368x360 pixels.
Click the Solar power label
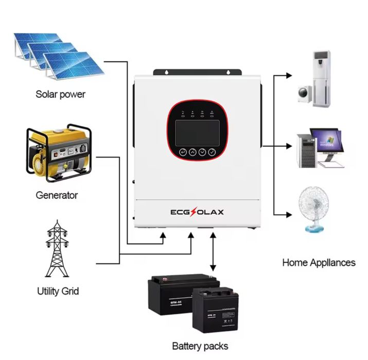(x=60, y=94)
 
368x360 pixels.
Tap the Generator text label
(x=57, y=195)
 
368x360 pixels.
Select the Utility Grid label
(x=58, y=291)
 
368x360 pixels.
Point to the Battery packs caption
(x=200, y=346)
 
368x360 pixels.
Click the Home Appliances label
(x=319, y=262)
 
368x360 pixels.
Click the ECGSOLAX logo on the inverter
(x=197, y=212)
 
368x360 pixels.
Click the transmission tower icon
(x=58, y=249)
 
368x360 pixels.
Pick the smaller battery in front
(x=216, y=311)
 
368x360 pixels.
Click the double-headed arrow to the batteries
(x=213, y=252)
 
